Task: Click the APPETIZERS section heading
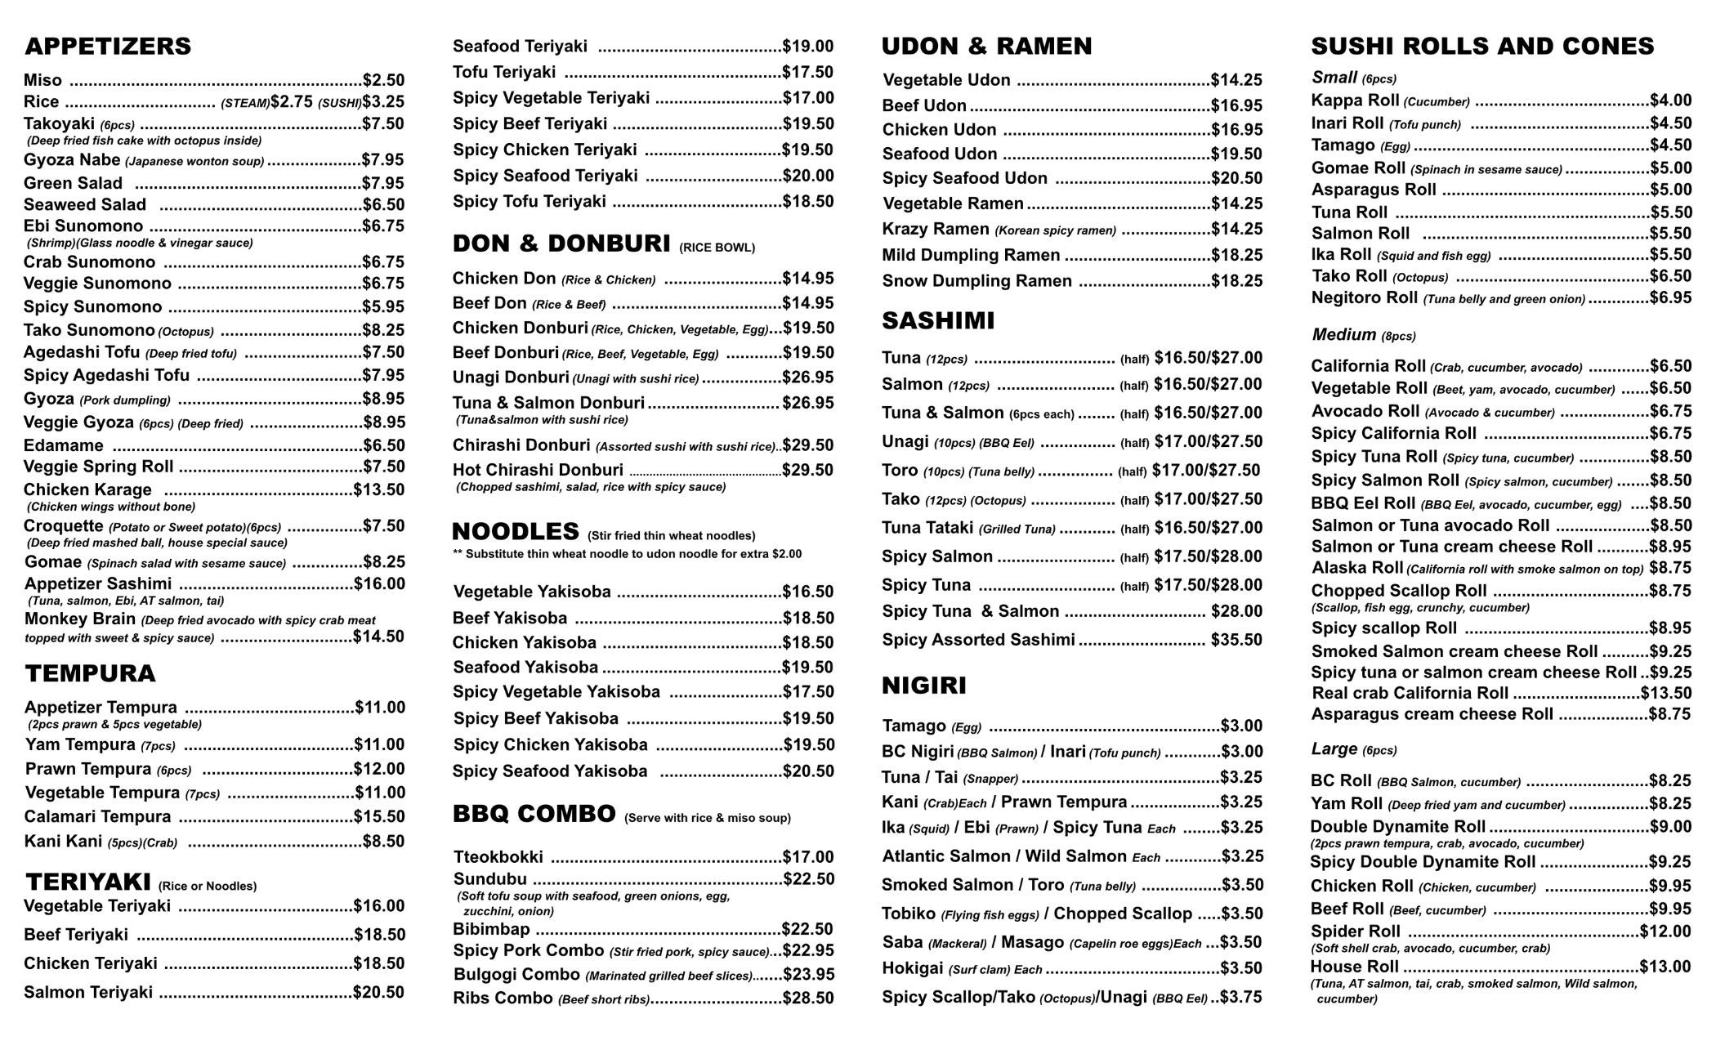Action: coord(108,47)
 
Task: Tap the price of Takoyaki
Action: coord(383,124)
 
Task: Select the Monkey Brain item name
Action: coord(79,619)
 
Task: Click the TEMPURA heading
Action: coord(90,674)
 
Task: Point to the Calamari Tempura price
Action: coord(379,816)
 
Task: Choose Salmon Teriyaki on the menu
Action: coord(88,993)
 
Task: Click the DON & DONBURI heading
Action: coord(561,244)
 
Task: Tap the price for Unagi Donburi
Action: coord(807,378)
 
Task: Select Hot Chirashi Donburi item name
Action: coord(538,471)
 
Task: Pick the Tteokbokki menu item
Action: coord(498,857)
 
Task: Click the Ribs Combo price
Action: coord(808,999)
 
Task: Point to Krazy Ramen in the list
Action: coord(936,230)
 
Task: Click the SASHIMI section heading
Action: coord(938,321)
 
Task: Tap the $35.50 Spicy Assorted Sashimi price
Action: coord(1236,640)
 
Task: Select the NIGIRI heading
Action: coord(924,686)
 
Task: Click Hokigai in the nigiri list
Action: coord(913,969)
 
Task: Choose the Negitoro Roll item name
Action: coord(1365,298)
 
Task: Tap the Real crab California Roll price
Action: coord(1666,694)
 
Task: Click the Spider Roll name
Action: coord(1356,932)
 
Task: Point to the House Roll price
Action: coord(1665,967)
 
